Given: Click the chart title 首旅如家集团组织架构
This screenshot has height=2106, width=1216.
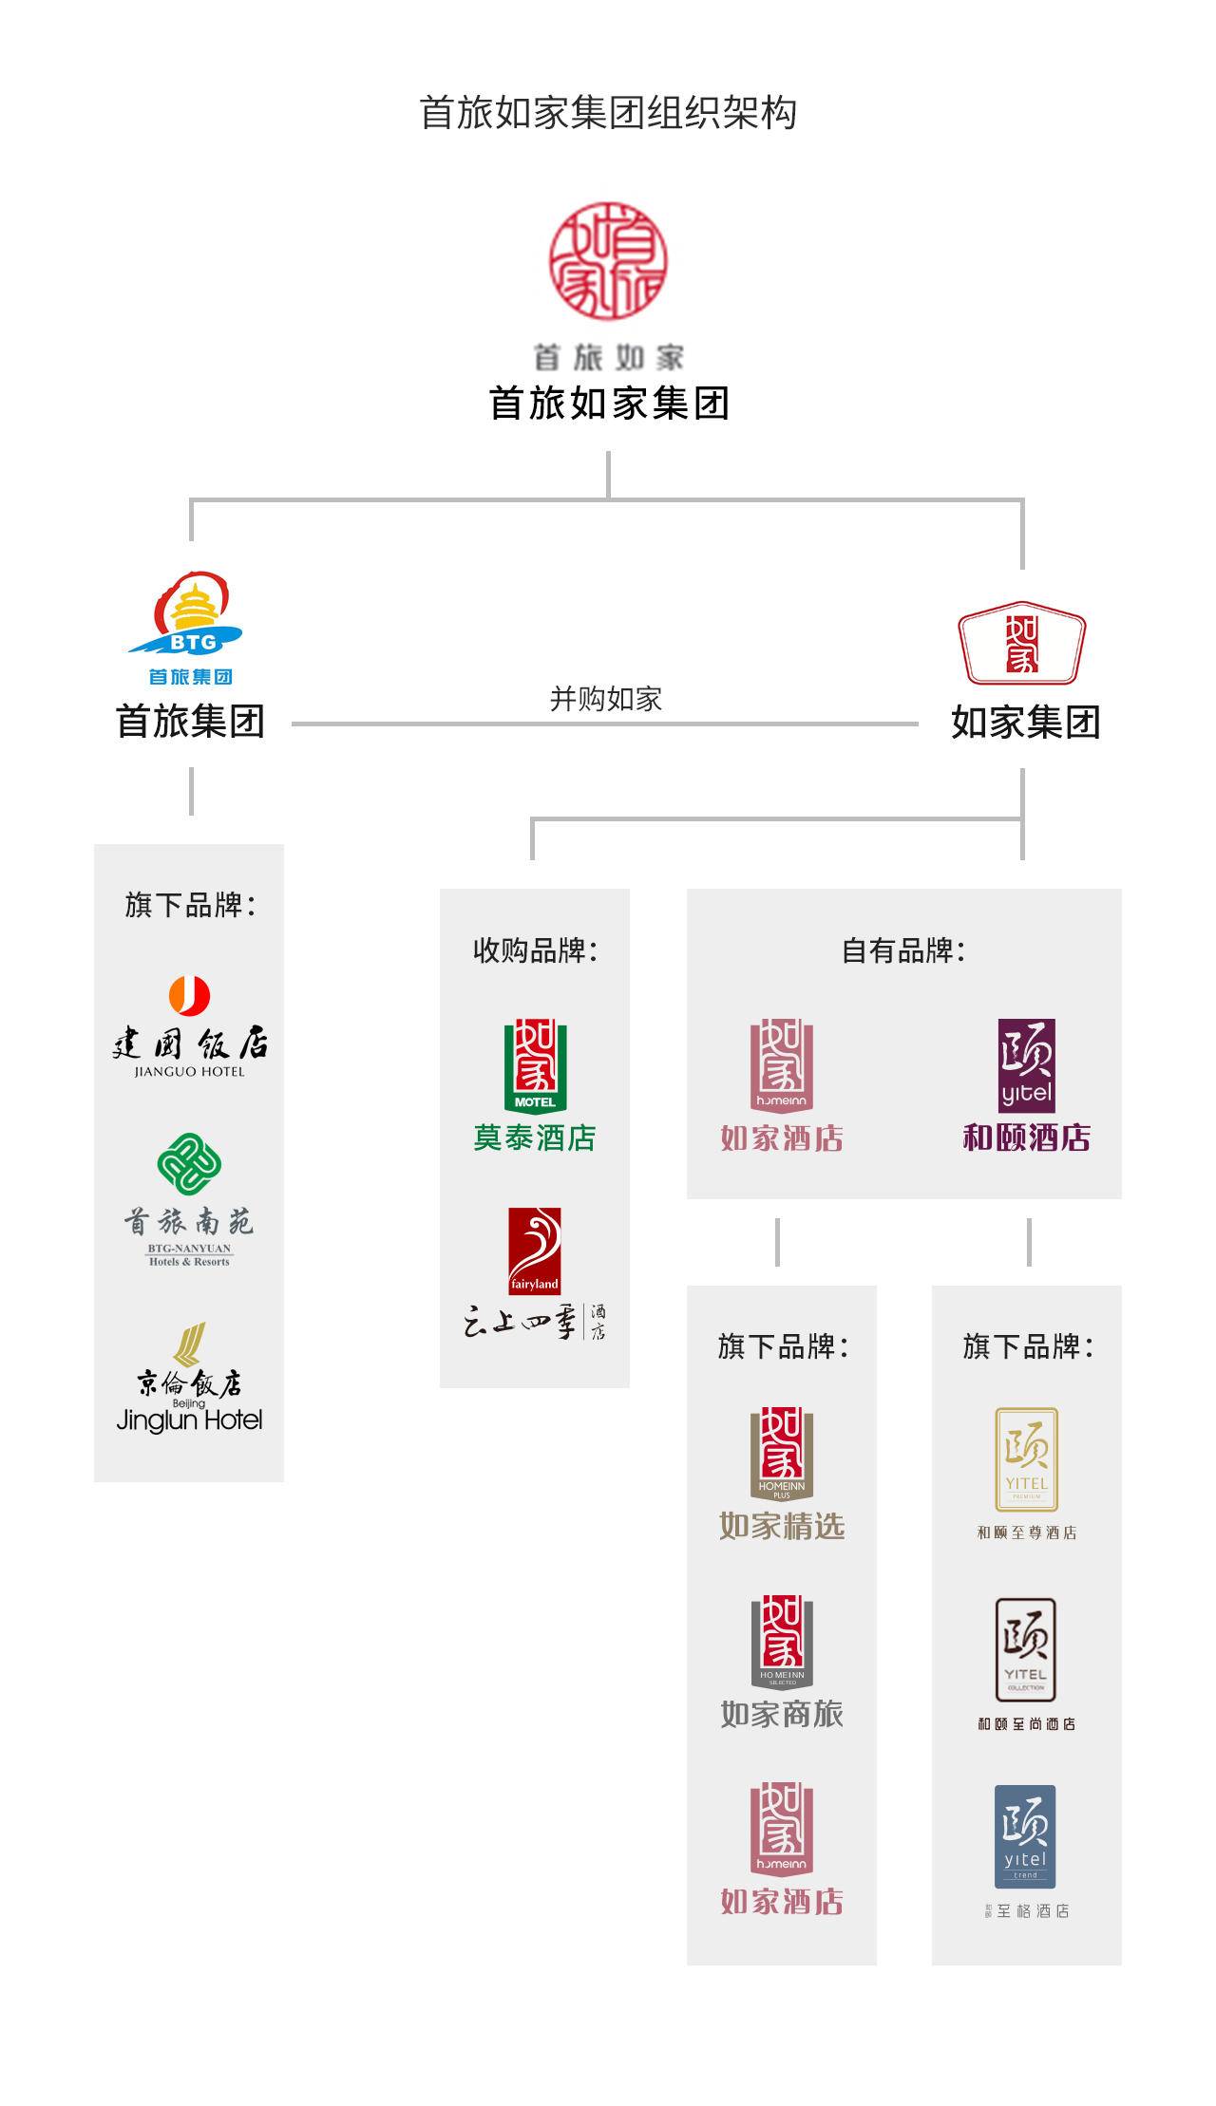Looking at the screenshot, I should pos(608,113).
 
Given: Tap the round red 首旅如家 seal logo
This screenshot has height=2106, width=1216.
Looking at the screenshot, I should pos(608,260).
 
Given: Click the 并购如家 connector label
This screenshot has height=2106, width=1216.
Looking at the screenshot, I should pos(605,700).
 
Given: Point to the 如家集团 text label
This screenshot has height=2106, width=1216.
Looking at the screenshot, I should pos(1025,723).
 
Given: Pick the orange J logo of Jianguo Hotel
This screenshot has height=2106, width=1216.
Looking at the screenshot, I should pos(189,995).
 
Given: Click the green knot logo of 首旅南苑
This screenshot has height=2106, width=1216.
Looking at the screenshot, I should pos(189,1164).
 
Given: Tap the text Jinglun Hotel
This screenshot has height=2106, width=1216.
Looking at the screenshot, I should pos(189,1420).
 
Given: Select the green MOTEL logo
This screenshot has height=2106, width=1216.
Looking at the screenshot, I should pos(535,1064).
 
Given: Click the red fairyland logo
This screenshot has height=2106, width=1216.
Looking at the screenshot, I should pos(535,1251).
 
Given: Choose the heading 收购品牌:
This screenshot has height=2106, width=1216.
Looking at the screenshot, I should pos(535,950).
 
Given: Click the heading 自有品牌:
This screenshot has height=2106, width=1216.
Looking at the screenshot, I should pos(903,950).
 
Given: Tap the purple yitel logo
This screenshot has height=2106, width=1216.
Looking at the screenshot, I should pos(1026,1065).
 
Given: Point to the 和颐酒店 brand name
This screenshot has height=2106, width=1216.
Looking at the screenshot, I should pos(1026,1138).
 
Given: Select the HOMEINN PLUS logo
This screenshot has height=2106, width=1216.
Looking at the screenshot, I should pos(782,1454).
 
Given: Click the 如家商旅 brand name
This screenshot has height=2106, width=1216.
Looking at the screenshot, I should pos(782,1714).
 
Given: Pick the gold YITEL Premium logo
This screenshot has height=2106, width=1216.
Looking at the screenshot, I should pos(1026,1459).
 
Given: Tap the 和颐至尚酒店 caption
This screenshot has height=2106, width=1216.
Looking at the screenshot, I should pos(1026,1723).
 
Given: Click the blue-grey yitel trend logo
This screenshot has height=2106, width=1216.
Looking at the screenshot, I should pos(1025,1835).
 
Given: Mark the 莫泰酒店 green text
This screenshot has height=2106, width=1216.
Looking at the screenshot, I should pos(535,1138).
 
